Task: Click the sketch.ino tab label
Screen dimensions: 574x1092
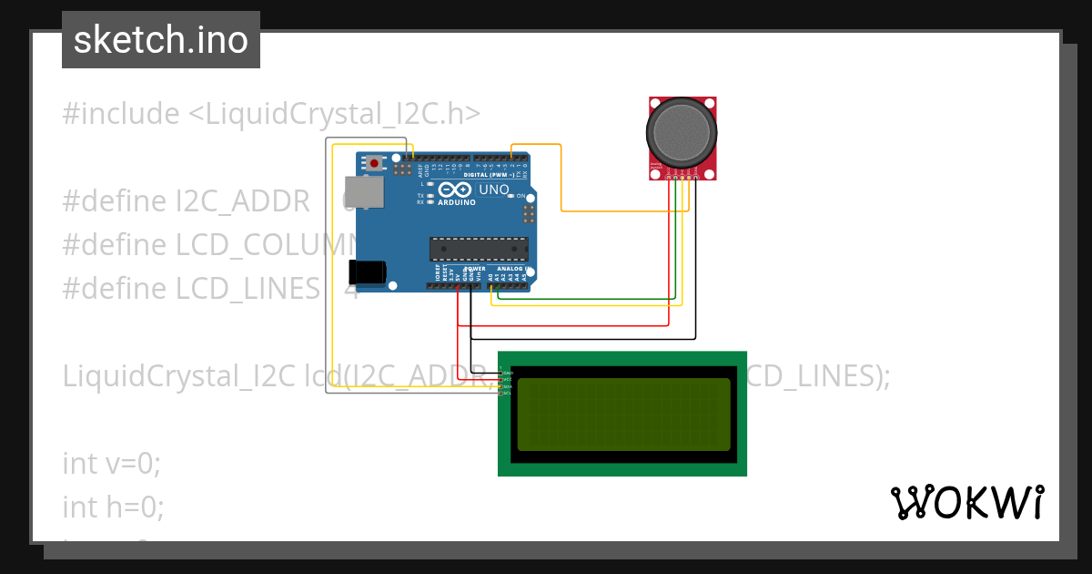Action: click(x=161, y=40)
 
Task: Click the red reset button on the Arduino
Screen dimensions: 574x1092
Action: click(x=373, y=162)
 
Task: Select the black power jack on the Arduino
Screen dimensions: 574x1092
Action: click(x=368, y=272)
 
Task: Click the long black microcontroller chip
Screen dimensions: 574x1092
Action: click(x=479, y=249)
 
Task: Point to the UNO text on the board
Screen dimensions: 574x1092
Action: click(x=494, y=190)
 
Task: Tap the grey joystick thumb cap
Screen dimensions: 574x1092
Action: click(x=682, y=133)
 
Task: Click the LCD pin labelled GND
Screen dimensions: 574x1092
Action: click(x=501, y=374)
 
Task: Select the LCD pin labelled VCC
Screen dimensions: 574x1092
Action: click(x=501, y=380)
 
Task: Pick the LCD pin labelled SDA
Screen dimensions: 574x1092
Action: click(x=501, y=386)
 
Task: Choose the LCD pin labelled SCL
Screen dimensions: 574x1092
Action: click(x=501, y=393)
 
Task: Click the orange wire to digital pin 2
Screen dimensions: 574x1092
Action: click(x=561, y=182)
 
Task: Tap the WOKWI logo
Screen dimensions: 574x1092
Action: click(x=966, y=502)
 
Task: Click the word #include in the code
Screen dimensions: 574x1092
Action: click(x=121, y=114)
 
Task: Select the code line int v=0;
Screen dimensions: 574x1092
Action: click(x=111, y=463)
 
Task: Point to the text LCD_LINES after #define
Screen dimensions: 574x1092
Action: click(x=248, y=289)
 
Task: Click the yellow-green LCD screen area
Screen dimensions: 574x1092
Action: click(x=623, y=414)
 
